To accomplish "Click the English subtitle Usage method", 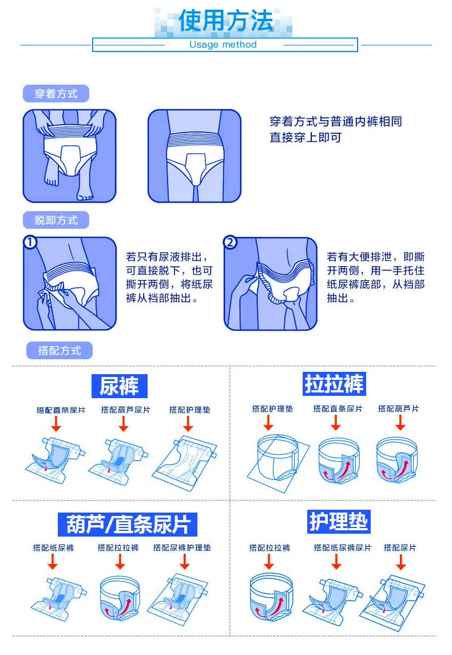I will [223, 45].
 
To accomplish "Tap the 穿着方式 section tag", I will [55, 93].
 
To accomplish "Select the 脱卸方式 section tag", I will [55, 220].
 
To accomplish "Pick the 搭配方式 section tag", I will [59, 350].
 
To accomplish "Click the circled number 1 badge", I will [30, 243].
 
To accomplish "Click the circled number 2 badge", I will [230, 243].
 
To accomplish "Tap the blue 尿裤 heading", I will [119, 386].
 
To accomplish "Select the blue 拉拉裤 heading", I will [334, 383].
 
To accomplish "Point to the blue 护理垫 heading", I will [339, 521].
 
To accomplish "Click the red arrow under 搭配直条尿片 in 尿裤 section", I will [55, 424].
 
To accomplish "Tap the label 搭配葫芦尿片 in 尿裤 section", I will [125, 410].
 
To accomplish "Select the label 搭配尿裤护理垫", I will [182, 547].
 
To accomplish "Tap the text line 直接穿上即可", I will [306, 138].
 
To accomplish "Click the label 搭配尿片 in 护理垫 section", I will [400, 547].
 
